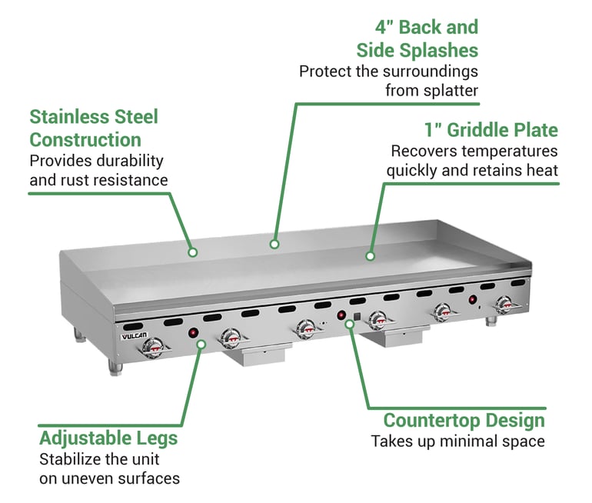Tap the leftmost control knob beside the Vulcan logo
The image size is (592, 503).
click(154, 348)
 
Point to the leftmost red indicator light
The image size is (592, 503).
click(194, 333)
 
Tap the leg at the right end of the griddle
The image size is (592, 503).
click(491, 319)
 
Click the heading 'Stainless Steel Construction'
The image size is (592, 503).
click(94, 128)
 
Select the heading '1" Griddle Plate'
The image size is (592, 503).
click(491, 129)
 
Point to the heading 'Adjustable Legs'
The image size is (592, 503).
click(108, 438)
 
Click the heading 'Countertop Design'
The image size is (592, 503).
click(464, 421)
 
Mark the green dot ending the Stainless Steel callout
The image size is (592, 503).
click(193, 251)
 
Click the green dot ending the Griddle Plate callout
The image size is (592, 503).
click(370, 255)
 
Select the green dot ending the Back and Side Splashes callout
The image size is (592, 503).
click(273, 244)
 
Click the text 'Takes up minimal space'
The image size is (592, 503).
click(457, 441)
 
